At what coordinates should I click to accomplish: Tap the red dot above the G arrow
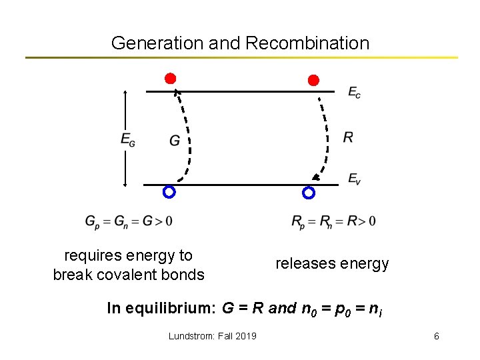(171, 79)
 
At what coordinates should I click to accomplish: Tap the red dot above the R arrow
(313, 80)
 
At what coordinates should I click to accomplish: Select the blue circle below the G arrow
(169, 193)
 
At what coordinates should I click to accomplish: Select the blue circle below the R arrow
(308, 193)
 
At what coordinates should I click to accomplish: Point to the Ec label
(354, 93)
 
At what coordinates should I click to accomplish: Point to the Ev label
(354, 179)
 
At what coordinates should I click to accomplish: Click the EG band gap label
(127, 139)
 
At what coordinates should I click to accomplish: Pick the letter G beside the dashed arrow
(175, 140)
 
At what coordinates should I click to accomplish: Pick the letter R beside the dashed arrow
(348, 137)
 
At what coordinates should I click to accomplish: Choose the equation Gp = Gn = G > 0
(129, 221)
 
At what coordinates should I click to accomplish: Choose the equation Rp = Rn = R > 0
(333, 221)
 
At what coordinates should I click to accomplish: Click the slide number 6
(436, 336)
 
